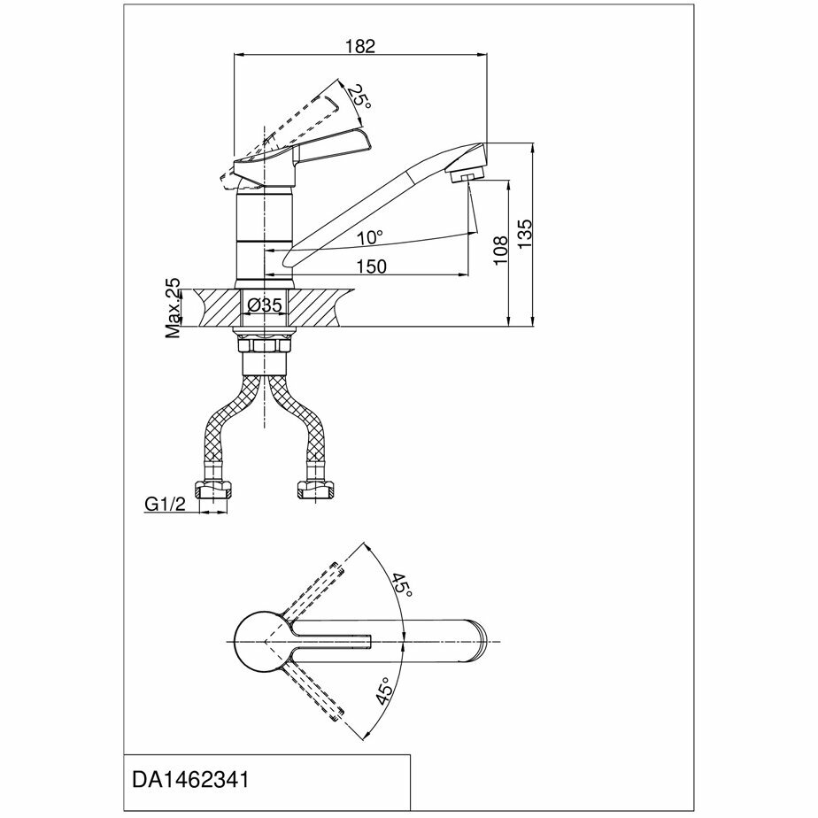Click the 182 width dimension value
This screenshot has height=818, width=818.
(x=361, y=46)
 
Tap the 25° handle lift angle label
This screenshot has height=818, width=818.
(x=359, y=97)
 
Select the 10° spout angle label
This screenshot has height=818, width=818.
(x=371, y=238)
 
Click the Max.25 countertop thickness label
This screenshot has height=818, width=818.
(x=173, y=308)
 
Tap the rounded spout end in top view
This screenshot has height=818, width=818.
(x=478, y=640)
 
